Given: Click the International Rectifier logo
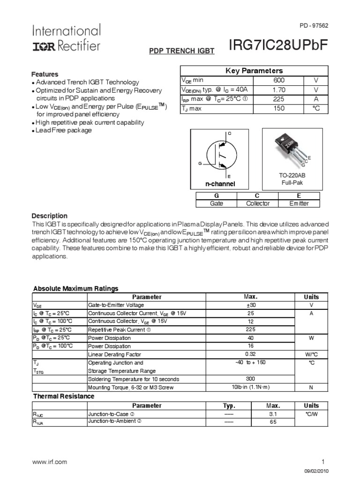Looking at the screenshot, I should pos(66,38).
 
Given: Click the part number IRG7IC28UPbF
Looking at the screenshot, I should pos(278,45).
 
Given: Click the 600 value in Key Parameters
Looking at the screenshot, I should pos(279,80).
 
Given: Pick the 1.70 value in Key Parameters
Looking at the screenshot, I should pos(279,90).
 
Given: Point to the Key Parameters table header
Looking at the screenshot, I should pos(254,71).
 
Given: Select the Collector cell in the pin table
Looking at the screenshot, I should pos(258,203).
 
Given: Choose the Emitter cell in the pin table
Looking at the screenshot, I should pos(299,203).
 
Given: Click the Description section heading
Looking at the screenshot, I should pos(49,216).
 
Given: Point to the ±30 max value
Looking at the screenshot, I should pos(251,305).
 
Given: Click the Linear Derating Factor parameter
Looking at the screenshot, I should pos(114,354).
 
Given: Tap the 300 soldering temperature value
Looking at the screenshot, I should pos(251,379).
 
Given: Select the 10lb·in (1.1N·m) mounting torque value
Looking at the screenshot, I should pos(251,387).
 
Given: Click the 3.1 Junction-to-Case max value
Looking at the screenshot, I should pos(273,414).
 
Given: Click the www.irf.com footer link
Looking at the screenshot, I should pos(49,462).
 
